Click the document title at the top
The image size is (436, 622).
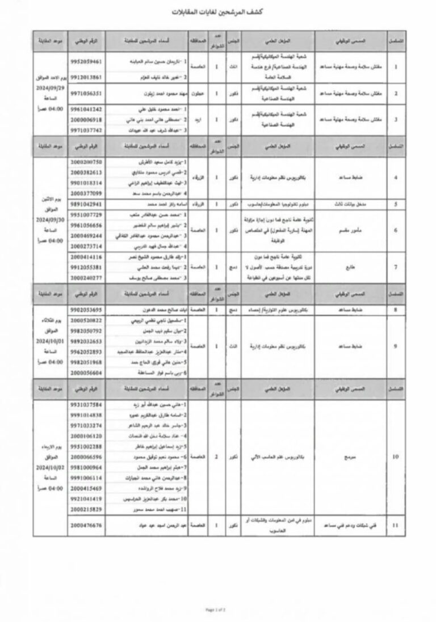(219, 12)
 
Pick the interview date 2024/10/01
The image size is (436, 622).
(51, 342)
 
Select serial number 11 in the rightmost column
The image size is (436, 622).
(395, 526)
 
